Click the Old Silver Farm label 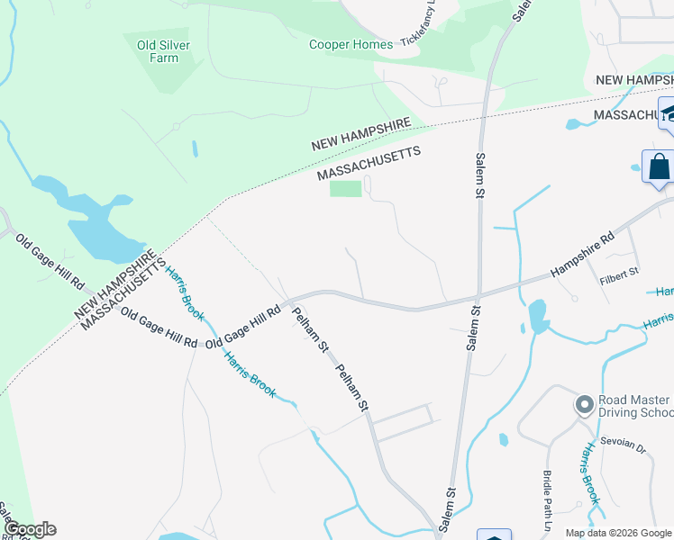158,51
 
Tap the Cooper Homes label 351,44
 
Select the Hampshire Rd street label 582,256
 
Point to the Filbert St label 619,271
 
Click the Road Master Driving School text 633,406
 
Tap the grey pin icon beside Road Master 583,405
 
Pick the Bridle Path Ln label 546,500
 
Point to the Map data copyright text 618,533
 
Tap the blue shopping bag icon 659,167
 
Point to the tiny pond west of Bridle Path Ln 502,440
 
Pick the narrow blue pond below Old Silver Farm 195,148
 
